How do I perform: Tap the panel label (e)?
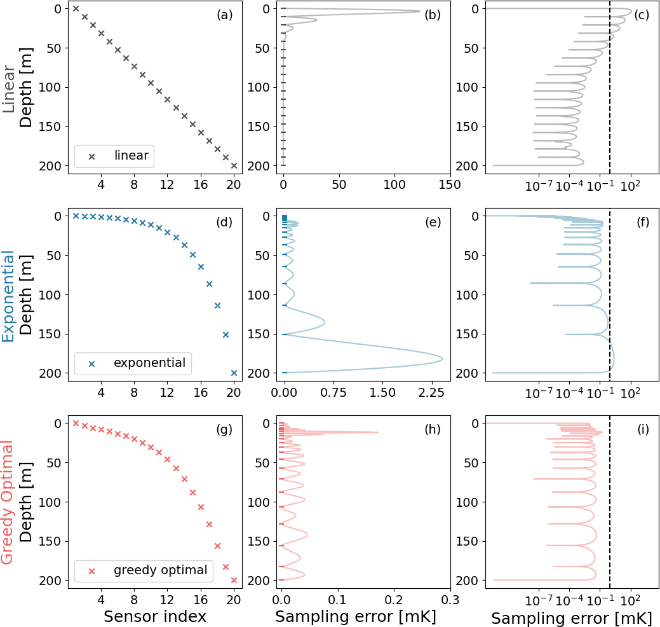pos(432,223)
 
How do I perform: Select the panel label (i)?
pos(643,430)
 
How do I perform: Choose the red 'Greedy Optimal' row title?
pos(9,502)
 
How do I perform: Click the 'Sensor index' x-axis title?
pos(154,616)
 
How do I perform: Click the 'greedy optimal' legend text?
pos(160,570)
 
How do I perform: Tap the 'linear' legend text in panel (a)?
pos(131,156)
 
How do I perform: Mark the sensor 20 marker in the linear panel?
pos(234,165)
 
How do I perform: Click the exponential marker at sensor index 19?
pos(226,334)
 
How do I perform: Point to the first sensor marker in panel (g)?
pos(76,423)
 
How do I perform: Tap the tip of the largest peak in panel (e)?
pos(443,361)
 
